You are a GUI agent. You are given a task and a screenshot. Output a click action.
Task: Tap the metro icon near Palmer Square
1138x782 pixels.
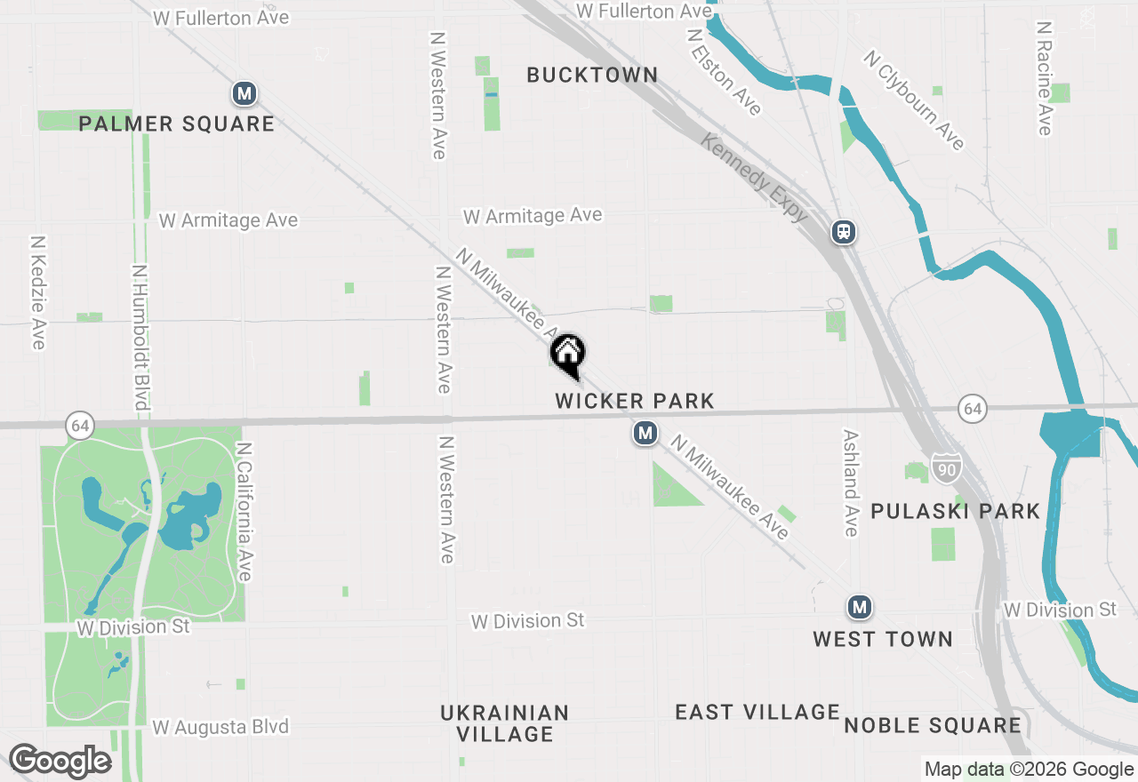point(244,93)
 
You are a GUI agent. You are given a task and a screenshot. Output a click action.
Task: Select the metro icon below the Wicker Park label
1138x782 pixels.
point(645,434)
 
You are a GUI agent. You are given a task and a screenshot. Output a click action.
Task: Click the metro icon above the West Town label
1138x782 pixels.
point(859,607)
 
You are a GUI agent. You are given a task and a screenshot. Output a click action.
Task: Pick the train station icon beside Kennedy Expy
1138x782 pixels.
point(844,233)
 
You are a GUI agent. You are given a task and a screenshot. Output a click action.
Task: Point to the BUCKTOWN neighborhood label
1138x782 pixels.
point(592,76)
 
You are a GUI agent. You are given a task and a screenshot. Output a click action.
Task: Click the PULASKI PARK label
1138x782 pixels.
point(955,511)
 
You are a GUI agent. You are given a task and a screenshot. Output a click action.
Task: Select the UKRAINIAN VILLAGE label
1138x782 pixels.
point(505,723)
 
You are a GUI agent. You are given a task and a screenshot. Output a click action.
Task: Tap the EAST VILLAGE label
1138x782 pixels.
point(757,712)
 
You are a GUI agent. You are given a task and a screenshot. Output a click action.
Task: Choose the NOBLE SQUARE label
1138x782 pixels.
point(933,725)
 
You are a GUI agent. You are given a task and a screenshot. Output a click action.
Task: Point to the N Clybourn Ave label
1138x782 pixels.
point(914,100)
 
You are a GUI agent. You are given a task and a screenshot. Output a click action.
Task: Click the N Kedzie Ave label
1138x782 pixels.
point(37,291)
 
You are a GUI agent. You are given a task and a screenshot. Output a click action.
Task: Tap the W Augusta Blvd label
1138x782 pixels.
point(220,727)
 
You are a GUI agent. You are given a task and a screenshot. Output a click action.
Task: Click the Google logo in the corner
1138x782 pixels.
point(60,762)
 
